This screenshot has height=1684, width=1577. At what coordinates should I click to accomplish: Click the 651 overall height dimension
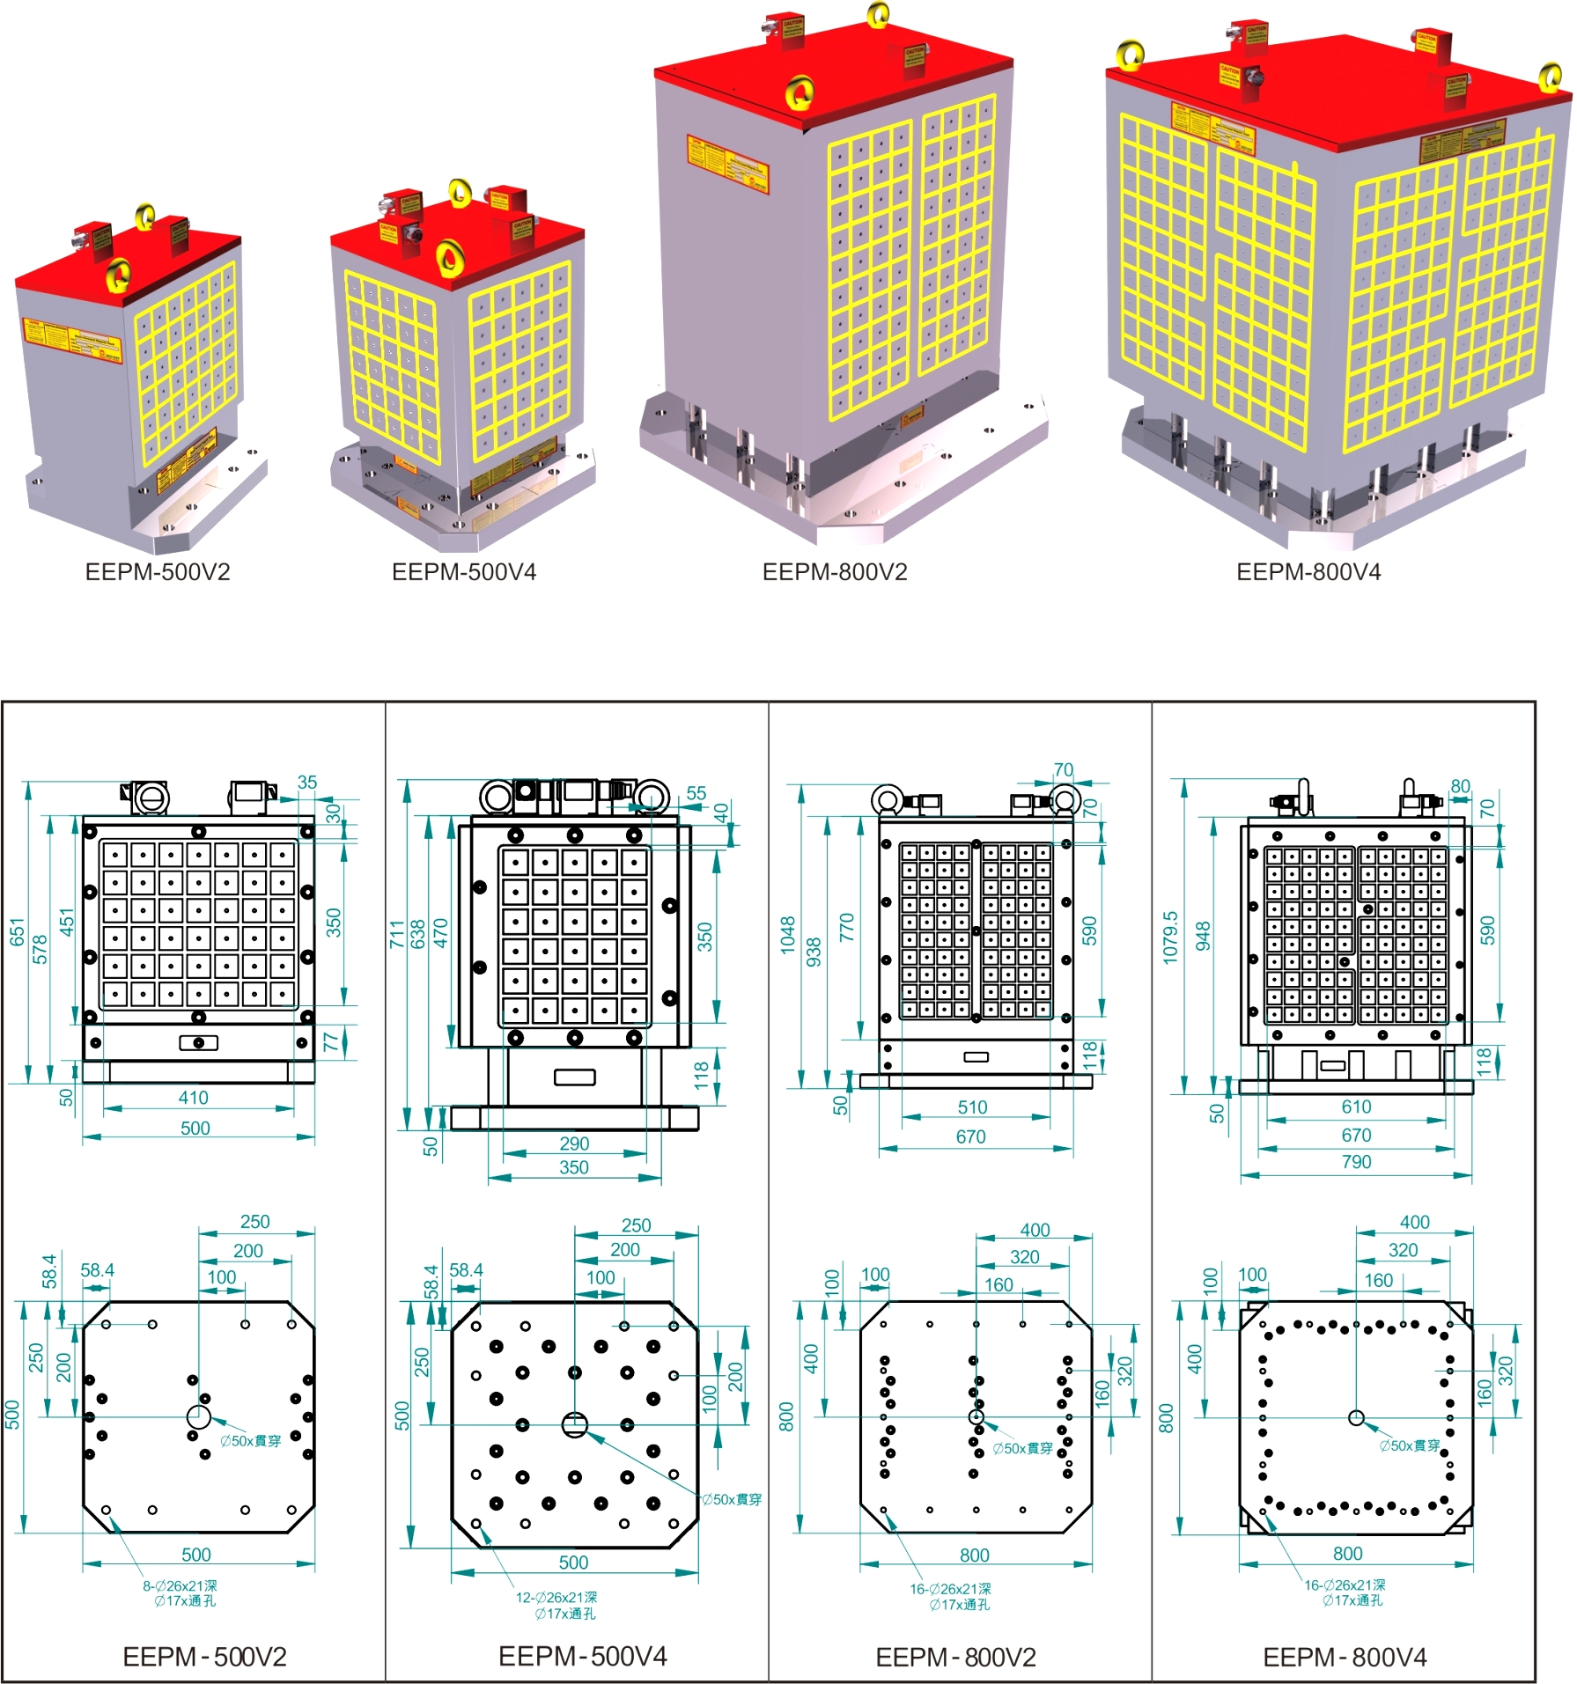click(18, 932)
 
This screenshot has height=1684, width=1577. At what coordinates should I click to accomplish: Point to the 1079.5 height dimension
click(1170, 937)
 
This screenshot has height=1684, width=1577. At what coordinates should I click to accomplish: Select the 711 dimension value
click(396, 934)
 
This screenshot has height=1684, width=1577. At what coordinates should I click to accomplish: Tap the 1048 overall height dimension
click(788, 935)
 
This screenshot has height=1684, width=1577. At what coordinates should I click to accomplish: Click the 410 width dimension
click(194, 1098)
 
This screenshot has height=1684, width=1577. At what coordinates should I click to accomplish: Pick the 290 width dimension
click(574, 1144)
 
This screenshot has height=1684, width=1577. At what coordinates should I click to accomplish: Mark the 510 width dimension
click(972, 1107)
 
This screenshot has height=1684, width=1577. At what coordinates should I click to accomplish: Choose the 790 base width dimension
click(1356, 1162)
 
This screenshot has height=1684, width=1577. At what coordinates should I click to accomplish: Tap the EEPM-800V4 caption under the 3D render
click(1308, 572)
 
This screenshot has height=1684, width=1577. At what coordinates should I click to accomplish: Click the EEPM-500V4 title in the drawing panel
click(583, 1657)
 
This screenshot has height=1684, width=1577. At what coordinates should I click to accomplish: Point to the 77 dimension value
click(331, 1042)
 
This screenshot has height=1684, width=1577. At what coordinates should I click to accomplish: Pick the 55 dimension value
click(696, 793)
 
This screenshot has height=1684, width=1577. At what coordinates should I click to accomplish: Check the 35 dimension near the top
click(307, 783)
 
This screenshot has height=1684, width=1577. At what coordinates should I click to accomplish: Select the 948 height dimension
click(1203, 937)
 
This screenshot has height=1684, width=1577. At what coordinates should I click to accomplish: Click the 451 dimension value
click(68, 923)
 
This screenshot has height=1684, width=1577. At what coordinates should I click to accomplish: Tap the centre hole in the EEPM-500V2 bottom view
click(199, 1417)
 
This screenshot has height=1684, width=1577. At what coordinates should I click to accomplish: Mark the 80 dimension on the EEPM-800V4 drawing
click(1461, 786)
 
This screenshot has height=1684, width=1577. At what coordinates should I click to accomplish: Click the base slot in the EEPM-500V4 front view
click(575, 1077)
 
